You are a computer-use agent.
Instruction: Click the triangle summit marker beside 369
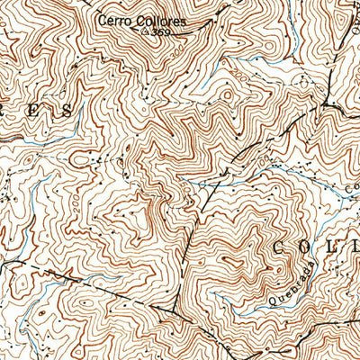[x=148, y=31]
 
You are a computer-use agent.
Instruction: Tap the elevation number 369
[x=161, y=32]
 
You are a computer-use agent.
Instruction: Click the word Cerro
[x=114, y=18]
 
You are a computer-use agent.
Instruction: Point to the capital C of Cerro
[x=103, y=18]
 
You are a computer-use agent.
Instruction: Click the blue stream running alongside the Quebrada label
[x=270, y=310]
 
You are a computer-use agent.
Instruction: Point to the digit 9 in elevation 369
[x=166, y=32]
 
